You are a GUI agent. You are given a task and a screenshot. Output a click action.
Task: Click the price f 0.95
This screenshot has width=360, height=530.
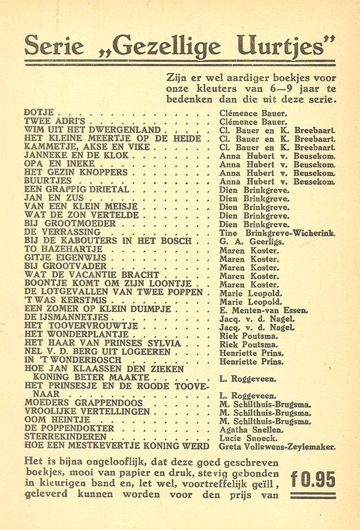tap(313, 479)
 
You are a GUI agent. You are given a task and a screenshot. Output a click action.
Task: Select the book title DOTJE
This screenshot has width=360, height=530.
tap(39, 112)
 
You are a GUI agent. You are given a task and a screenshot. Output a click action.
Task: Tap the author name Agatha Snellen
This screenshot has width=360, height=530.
tap(251, 429)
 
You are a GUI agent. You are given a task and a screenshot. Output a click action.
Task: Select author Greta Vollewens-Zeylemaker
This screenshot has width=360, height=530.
tap(277, 447)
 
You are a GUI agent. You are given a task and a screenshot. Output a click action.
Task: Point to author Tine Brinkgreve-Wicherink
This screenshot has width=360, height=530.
tap(277, 232)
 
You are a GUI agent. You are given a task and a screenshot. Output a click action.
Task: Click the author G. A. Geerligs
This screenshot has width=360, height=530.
tap(249, 241)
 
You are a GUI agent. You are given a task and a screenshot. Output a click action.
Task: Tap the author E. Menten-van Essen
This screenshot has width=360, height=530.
tap(263, 310)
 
